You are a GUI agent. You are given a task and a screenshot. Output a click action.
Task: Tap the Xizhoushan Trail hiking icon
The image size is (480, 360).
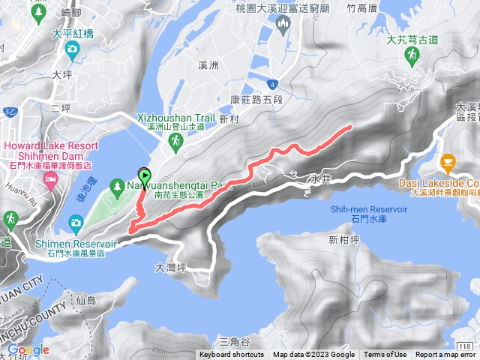point(174,140)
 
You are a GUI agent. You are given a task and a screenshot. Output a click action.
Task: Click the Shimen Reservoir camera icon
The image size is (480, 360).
point(76,222)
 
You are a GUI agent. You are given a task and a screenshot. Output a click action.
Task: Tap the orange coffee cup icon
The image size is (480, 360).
point(448,160)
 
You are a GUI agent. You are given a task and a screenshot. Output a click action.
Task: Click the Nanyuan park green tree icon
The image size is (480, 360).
point(117,184)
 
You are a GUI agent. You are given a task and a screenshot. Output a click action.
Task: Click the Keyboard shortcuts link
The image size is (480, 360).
point(232,355)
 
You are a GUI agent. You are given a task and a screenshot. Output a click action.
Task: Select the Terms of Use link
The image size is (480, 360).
point(385,355)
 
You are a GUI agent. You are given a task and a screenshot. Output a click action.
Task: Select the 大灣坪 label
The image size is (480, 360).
point(170,267)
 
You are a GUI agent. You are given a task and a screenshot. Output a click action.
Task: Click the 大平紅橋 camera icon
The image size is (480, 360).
point(71,49)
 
